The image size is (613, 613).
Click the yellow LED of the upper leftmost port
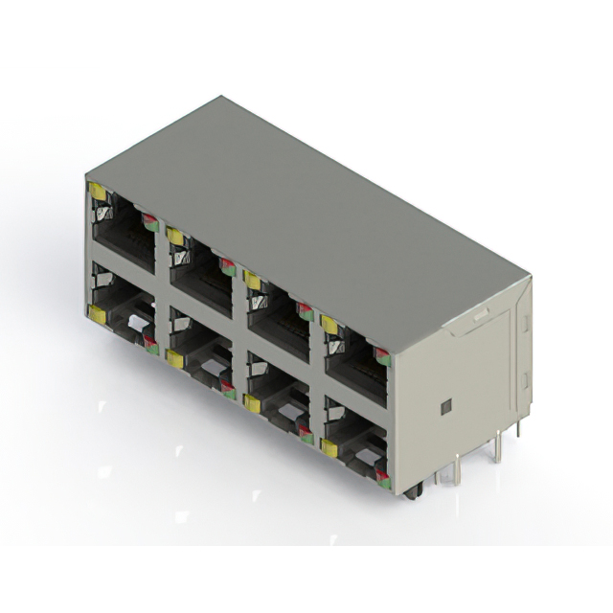coord(98,192)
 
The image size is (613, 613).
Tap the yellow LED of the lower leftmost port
coord(98,313)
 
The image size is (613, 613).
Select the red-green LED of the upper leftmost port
coord(149,222)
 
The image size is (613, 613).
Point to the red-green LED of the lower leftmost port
coord(150,345)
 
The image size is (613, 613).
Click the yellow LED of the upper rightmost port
coord(329,325)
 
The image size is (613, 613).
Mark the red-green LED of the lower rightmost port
coord(382,476)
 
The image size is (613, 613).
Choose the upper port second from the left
coord(201,273)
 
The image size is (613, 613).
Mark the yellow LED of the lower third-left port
coord(252,402)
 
